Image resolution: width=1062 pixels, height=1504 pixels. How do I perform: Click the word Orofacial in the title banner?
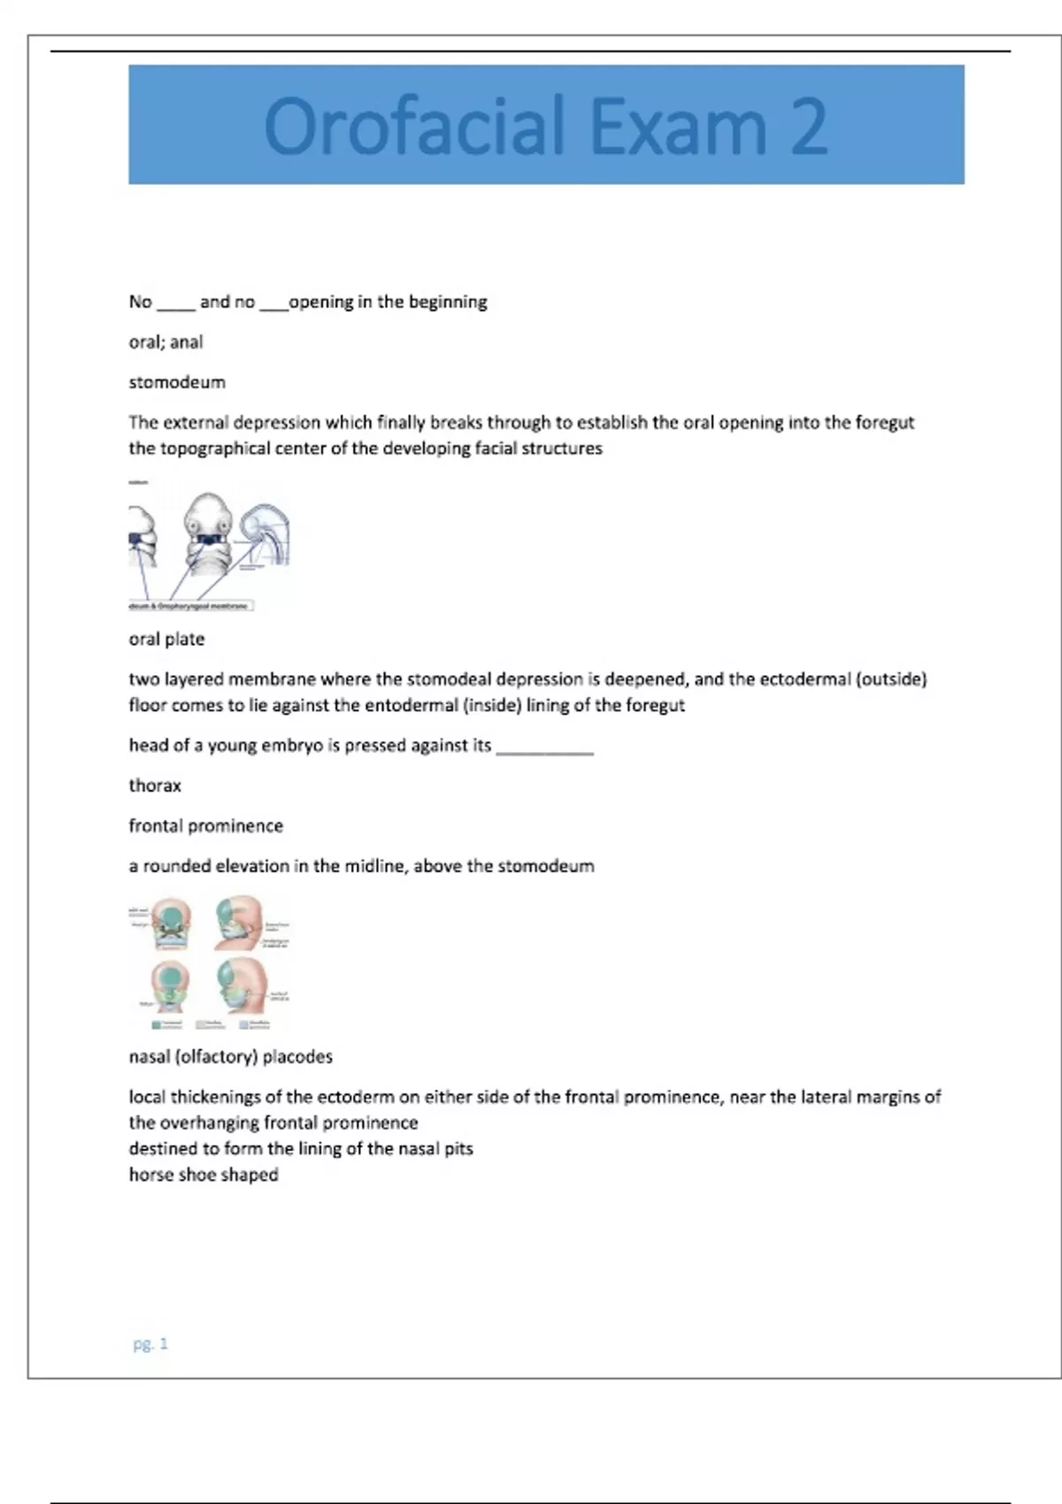[414, 127]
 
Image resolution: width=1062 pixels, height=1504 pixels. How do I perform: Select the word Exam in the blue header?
[677, 127]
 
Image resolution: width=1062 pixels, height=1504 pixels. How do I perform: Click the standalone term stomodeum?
[177, 382]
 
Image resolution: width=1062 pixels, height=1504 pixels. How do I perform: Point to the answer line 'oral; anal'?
[165, 342]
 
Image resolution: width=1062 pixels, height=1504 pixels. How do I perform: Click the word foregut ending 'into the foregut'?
[884, 423]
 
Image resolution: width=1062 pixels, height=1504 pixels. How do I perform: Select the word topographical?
[215, 449]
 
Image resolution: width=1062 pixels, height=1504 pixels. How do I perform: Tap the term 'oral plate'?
[166, 639]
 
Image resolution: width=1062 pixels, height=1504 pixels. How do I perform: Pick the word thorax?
[155, 786]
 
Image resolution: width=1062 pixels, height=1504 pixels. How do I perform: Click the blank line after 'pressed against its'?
[544, 748]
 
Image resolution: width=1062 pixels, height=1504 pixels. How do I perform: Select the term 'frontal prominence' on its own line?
[206, 825]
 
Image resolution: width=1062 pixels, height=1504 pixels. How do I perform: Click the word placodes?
[297, 1056]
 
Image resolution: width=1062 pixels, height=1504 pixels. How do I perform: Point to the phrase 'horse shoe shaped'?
[204, 1175]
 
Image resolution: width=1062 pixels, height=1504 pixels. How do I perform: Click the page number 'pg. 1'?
[150, 1344]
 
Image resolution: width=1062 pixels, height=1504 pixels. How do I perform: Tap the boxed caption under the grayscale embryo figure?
[191, 606]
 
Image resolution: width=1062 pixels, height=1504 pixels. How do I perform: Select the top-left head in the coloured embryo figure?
[170, 923]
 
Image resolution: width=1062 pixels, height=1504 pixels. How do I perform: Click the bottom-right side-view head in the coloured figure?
[240, 986]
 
